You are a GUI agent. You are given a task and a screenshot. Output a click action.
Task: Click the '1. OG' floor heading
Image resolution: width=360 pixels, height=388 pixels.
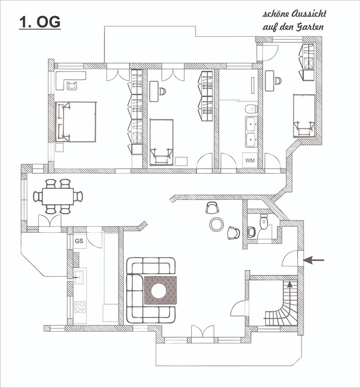point(40,22)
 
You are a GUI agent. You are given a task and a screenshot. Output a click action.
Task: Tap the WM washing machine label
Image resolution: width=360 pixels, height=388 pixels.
point(250,160)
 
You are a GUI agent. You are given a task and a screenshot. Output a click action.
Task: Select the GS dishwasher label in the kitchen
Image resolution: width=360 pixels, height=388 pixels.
point(79,241)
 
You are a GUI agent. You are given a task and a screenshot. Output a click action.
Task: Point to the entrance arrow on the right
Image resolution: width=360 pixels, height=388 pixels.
point(313,260)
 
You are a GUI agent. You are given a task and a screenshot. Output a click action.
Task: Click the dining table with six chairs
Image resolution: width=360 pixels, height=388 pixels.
point(58,197)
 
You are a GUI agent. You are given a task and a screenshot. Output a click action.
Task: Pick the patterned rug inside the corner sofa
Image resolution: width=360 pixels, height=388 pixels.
point(160,290)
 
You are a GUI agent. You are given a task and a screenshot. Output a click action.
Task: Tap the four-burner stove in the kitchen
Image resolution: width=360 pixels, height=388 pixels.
point(80,307)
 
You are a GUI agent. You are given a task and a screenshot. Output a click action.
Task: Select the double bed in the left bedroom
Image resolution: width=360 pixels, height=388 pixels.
point(76,122)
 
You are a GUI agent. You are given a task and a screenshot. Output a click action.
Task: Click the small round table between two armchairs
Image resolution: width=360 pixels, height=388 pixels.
point(217,224)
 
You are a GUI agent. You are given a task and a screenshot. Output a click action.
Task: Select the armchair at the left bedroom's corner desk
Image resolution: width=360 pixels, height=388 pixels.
point(72,85)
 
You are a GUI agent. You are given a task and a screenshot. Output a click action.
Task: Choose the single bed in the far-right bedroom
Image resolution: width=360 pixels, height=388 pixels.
point(304,116)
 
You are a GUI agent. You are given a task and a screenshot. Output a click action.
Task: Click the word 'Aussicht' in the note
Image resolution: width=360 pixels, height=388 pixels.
point(309,14)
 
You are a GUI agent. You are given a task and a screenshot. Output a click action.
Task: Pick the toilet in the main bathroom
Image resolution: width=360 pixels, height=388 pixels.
point(251,109)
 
